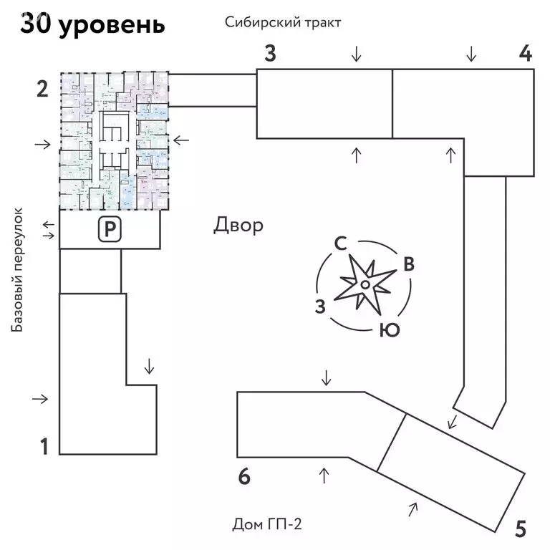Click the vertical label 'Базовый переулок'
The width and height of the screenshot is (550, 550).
pyautogui.click(x=18, y=269)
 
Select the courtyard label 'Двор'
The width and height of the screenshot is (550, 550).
pyautogui.click(x=238, y=226)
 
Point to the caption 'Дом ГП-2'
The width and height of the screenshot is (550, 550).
pyautogui.click(x=267, y=525)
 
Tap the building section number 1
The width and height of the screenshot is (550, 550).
pyautogui.click(x=44, y=448)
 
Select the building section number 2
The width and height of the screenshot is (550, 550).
pyautogui.click(x=42, y=90)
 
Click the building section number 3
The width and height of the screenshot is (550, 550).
pyautogui.click(x=269, y=54)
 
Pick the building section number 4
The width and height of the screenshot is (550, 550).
pyautogui.click(x=525, y=54)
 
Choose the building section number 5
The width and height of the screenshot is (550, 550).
pyautogui.click(x=521, y=529)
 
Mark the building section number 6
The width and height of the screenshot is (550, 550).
pyautogui.click(x=244, y=477)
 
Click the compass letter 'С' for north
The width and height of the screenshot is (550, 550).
pyautogui.click(x=341, y=243)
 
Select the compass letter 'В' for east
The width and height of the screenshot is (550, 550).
pyautogui.click(x=408, y=264)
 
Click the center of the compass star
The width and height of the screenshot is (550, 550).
pyautogui.click(x=365, y=285)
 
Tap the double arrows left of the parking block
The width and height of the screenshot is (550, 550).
pyautogui.click(x=48, y=231)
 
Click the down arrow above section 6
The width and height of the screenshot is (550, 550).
pyautogui.click(x=326, y=377)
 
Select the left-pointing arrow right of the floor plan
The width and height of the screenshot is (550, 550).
pyautogui.click(x=181, y=140)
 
